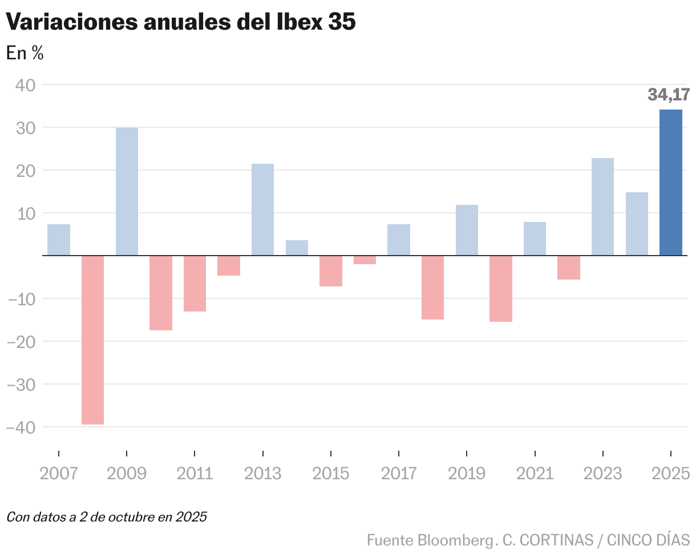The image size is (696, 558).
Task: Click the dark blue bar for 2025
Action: point(670,183)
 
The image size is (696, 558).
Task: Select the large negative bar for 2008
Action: point(92,340)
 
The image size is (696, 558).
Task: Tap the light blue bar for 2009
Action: point(127,192)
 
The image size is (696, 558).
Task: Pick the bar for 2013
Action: point(262,210)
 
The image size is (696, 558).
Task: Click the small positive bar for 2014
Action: point(297,248)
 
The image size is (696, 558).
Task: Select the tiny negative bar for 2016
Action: point(365,260)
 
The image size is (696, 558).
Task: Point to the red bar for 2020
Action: point(501,289)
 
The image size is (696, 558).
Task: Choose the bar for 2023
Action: point(602,207)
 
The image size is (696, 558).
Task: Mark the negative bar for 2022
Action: point(569,268)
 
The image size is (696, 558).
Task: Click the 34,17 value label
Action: point(669,94)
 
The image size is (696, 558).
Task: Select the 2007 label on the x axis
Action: point(58,474)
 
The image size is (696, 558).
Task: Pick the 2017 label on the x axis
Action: point(399,474)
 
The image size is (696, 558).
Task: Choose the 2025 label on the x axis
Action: point(671,474)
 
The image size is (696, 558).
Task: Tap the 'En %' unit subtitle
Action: point(25,53)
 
